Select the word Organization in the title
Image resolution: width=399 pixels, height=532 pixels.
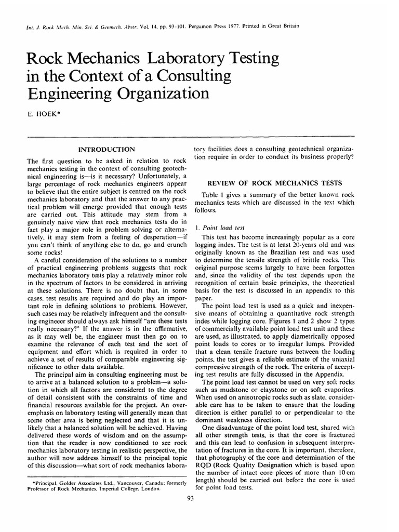coord(151,94)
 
